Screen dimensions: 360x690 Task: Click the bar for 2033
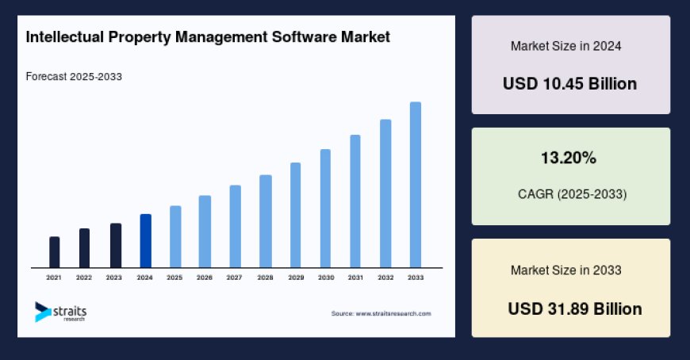pyautogui.click(x=415, y=185)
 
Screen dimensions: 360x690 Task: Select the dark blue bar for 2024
pyautogui.click(x=145, y=241)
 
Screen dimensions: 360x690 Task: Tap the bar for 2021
pyautogui.click(x=55, y=252)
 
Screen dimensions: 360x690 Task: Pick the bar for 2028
pyautogui.click(x=266, y=221)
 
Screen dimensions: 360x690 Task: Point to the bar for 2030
pyautogui.click(x=325, y=209)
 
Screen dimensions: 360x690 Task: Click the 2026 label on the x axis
pyautogui.click(x=205, y=278)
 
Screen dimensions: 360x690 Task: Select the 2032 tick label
pyautogui.click(x=385, y=278)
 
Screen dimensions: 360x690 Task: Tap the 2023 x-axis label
pyautogui.click(x=114, y=278)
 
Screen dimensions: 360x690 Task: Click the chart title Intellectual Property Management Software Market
pyautogui.click(x=208, y=37)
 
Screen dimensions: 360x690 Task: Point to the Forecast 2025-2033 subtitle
pyautogui.click(x=74, y=77)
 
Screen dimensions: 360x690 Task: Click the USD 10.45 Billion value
pyautogui.click(x=569, y=83)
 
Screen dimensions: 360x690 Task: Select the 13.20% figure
pyautogui.click(x=569, y=159)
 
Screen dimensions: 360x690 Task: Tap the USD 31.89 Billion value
pyautogui.click(x=575, y=308)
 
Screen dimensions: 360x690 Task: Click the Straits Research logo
pyautogui.click(x=60, y=312)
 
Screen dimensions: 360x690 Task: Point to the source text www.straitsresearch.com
pyautogui.click(x=381, y=314)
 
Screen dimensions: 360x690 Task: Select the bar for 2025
pyautogui.click(x=175, y=237)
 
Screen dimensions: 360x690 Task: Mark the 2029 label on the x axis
pyautogui.click(x=295, y=278)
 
